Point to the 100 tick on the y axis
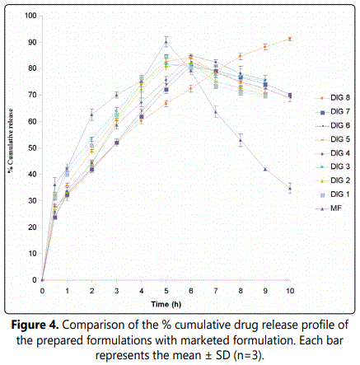[30, 16]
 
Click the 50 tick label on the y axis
[32, 147]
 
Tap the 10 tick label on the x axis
[290, 291]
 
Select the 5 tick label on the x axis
[166, 291]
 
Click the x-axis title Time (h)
[166, 304]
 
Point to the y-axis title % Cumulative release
[11, 141]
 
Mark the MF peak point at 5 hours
[166, 42]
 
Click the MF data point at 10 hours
[290, 189]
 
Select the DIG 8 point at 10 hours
[290, 39]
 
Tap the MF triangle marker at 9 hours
[265, 170]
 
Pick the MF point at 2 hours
[91, 115]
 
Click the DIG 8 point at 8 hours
[241, 56]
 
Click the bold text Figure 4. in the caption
[35, 325]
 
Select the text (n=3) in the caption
[249, 356]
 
